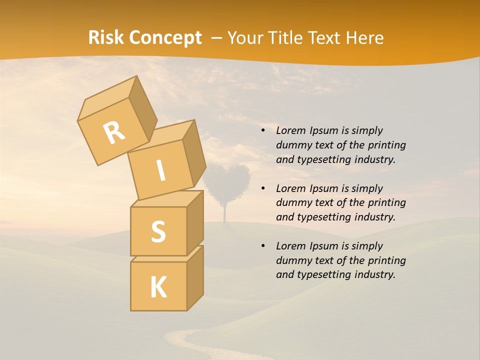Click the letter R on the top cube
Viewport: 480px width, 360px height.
pos(114,132)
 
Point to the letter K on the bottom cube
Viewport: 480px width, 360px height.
pos(158,287)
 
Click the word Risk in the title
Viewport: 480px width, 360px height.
pos(105,37)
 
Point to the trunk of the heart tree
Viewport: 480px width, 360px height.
pos(225,212)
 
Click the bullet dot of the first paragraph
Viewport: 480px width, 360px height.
pos(263,131)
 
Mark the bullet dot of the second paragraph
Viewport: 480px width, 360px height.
pos(263,189)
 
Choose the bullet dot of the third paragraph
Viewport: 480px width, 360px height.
pos(263,246)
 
